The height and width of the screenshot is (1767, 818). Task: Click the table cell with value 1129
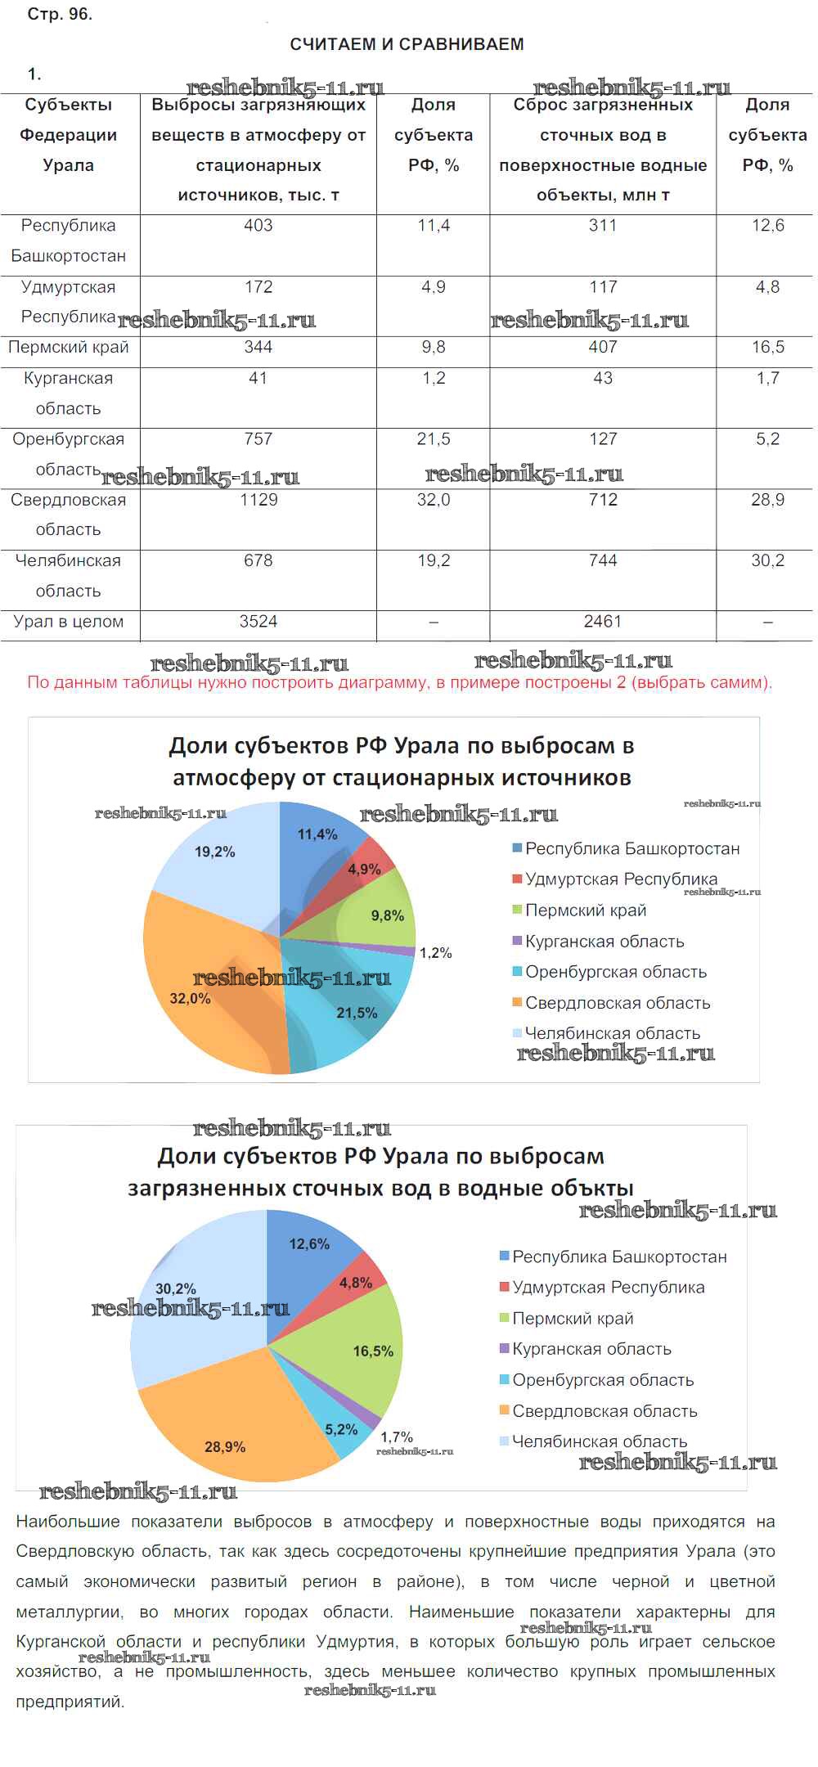258,500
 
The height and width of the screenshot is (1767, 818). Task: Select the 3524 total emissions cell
258,622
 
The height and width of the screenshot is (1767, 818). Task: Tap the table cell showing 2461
603,622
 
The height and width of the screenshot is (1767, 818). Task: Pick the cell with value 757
258,439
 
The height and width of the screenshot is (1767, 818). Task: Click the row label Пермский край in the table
69,348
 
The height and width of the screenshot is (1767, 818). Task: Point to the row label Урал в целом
69,622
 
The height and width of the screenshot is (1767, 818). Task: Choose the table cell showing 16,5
767,348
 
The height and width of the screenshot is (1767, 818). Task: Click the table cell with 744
603,561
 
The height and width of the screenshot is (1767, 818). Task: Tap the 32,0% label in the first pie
191,999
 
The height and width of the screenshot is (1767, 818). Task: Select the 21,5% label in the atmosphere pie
357,1014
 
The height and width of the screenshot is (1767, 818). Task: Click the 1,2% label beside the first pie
435,953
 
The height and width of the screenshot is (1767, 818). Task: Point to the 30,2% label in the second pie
176,1289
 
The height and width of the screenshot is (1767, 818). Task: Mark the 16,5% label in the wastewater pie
373,1351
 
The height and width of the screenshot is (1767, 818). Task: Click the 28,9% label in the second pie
225,1447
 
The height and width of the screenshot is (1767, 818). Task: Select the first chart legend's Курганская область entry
605,942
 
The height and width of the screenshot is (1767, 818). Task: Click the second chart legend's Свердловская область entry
605,1411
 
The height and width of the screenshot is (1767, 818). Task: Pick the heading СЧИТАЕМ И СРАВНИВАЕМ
407,44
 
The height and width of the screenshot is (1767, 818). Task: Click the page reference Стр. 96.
60,15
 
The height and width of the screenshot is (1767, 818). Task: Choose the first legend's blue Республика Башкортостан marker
517,848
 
